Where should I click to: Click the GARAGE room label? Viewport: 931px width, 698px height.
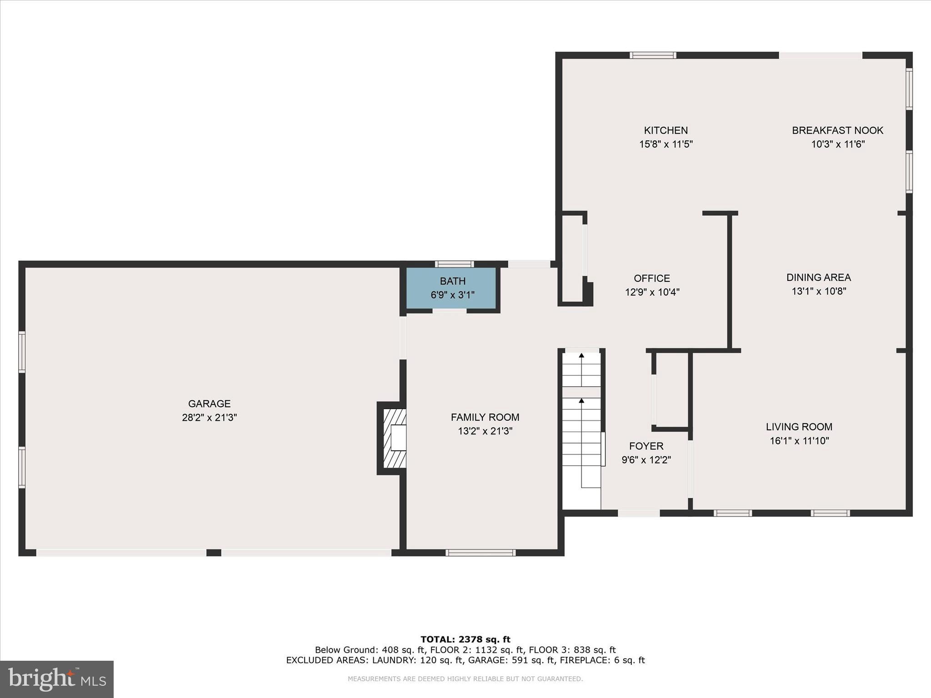pos(209,404)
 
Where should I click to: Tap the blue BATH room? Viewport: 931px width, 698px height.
pos(452,288)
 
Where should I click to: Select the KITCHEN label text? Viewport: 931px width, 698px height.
pos(666,130)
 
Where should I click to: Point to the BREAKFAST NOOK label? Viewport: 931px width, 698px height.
pos(837,130)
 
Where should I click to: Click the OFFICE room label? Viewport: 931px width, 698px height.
pos(652,278)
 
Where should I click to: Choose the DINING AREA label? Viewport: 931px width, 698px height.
pos(818,277)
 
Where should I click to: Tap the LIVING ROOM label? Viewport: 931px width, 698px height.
pos(799,427)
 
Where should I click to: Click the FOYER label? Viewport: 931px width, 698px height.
pos(646,446)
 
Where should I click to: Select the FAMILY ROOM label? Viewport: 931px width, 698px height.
pos(485,417)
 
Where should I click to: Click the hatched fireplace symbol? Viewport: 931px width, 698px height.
pos(394,438)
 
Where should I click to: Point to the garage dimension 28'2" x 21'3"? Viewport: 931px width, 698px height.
pos(209,417)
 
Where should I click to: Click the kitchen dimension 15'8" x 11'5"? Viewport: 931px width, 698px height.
pos(666,145)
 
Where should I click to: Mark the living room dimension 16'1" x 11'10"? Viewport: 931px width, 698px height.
pos(799,440)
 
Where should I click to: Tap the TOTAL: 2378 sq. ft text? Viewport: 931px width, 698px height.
pos(465,639)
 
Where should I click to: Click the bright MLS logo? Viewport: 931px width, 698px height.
pos(57,679)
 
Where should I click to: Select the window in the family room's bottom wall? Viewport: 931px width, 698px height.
pos(481,553)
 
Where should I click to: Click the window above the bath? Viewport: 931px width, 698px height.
pos(454,264)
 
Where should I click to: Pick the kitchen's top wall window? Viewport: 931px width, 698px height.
pos(653,55)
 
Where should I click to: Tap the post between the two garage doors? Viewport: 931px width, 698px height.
pos(214,553)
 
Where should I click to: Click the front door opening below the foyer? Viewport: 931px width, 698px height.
pos(639,513)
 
